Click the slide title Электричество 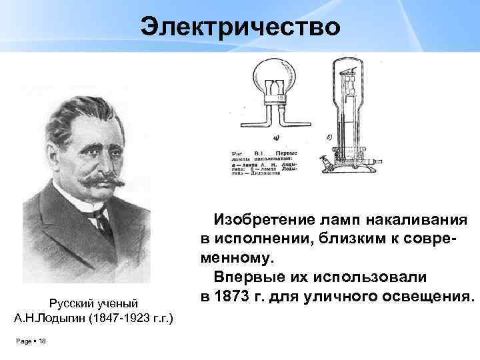pyautogui.click(x=240, y=27)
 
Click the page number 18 pyautogui.click(x=42, y=341)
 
